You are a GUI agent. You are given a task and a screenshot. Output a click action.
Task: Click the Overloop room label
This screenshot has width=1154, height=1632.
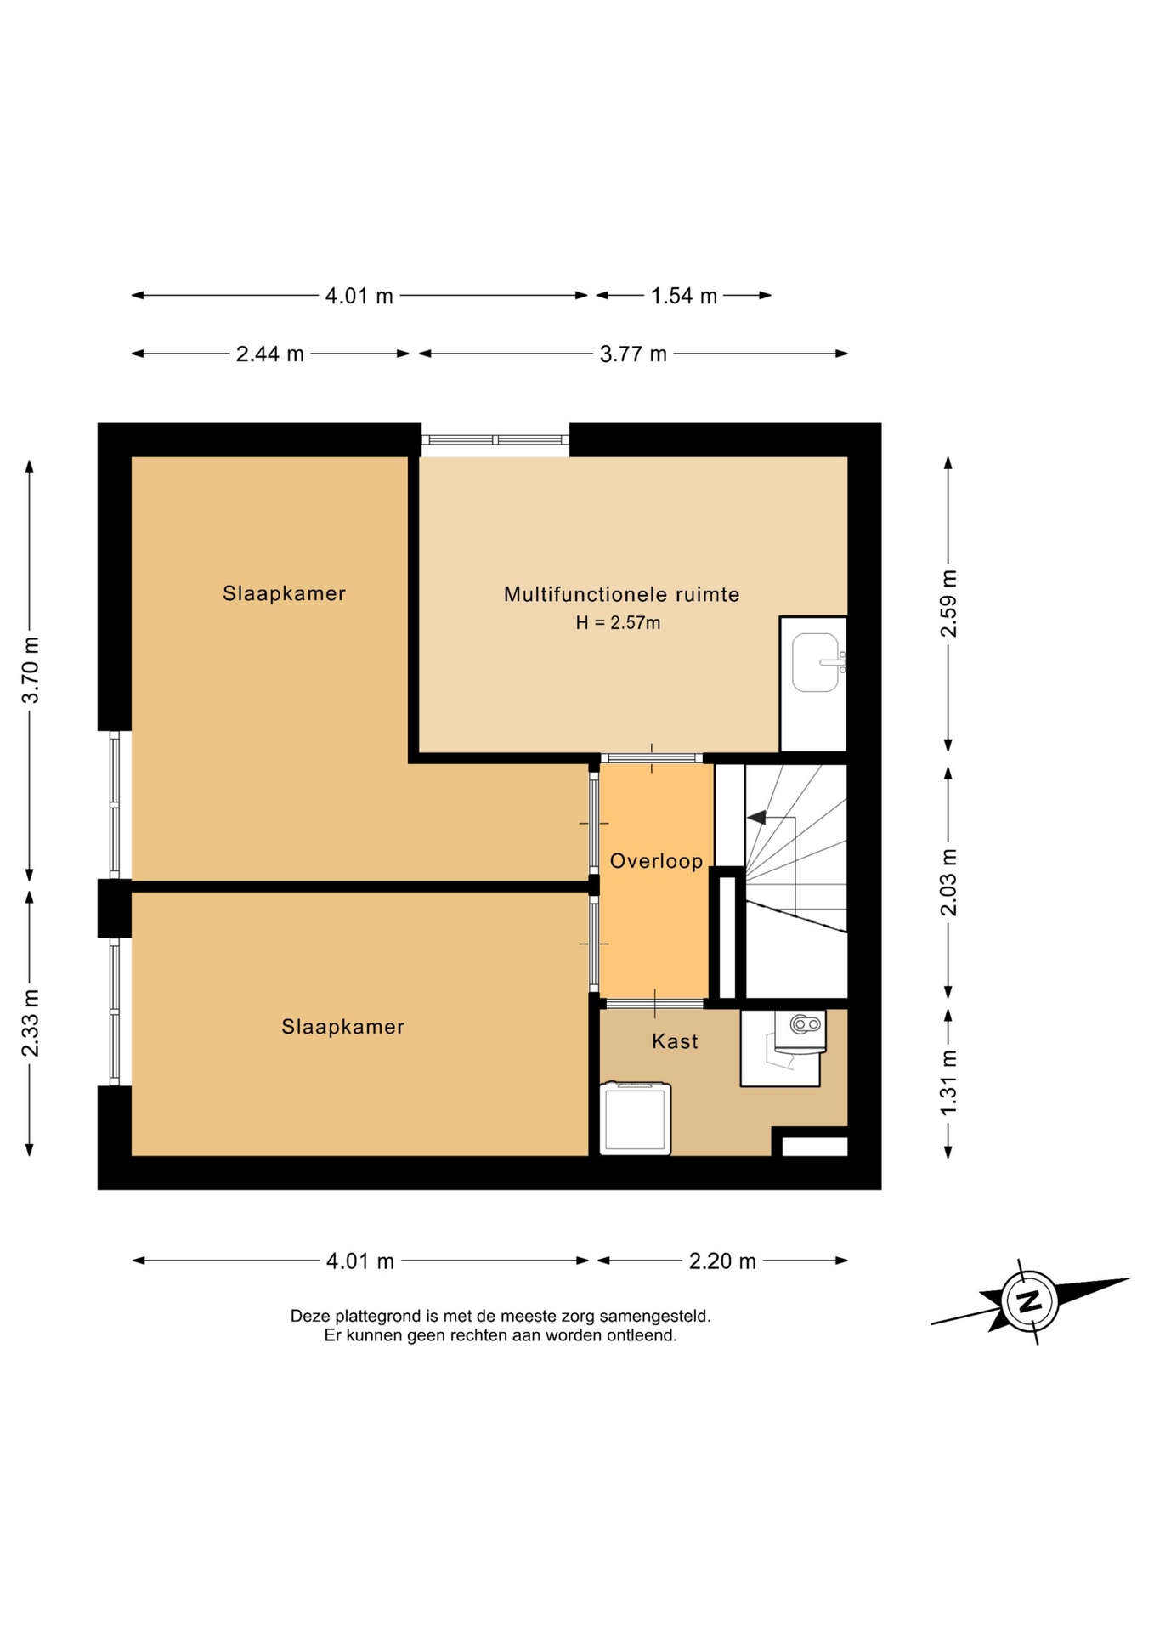tap(656, 861)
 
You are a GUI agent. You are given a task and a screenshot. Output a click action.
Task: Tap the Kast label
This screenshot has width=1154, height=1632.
tap(675, 1041)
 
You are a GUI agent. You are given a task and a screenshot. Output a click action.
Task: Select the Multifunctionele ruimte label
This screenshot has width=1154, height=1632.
tap(621, 594)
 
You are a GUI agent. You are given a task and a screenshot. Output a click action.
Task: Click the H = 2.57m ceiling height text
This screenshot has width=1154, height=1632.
tap(618, 622)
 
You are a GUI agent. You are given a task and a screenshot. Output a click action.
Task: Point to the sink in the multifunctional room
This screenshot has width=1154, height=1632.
tap(817, 662)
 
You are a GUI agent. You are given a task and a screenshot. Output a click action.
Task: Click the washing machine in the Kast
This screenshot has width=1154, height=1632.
tap(635, 1118)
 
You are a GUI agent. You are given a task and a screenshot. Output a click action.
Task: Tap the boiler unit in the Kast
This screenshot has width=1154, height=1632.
tap(800, 1032)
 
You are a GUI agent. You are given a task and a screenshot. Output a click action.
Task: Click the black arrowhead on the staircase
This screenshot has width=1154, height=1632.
tap(756, 818)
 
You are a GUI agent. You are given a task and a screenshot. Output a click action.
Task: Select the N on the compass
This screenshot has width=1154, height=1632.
tap(1029, 1301)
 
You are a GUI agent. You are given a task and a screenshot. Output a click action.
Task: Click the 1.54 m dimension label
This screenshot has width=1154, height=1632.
tap(684, 296)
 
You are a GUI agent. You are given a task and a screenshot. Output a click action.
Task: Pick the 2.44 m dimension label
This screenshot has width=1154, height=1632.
tap(269, 354)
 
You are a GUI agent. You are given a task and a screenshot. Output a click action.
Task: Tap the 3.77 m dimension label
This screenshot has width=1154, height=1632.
tap(633, 354)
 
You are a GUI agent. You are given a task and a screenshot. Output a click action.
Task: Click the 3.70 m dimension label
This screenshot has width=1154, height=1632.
tap(31, 670)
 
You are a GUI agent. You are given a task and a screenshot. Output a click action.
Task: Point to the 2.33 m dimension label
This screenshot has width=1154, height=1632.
tap(31, 1023)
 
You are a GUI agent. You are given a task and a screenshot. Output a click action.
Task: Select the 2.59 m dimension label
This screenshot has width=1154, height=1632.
tap(948, 603)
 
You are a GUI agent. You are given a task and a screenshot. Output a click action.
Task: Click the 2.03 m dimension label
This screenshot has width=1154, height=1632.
tap(948, 882)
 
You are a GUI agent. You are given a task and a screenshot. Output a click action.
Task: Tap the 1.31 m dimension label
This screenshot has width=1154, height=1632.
tap(948, 1083)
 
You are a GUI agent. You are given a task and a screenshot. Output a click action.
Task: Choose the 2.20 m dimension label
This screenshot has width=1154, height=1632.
tap(722, 1261)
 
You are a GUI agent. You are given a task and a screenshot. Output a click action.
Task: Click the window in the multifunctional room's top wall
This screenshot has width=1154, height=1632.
tap(495, 439)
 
